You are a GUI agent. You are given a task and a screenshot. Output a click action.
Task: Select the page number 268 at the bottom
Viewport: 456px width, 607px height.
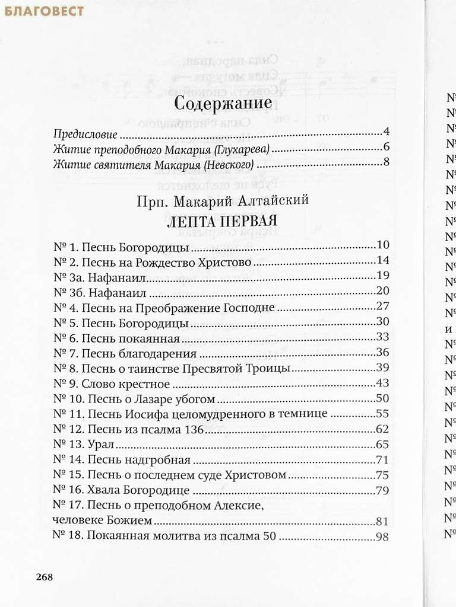(45, 577)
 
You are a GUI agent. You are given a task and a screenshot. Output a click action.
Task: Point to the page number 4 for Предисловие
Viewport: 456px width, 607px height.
(386, 132)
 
